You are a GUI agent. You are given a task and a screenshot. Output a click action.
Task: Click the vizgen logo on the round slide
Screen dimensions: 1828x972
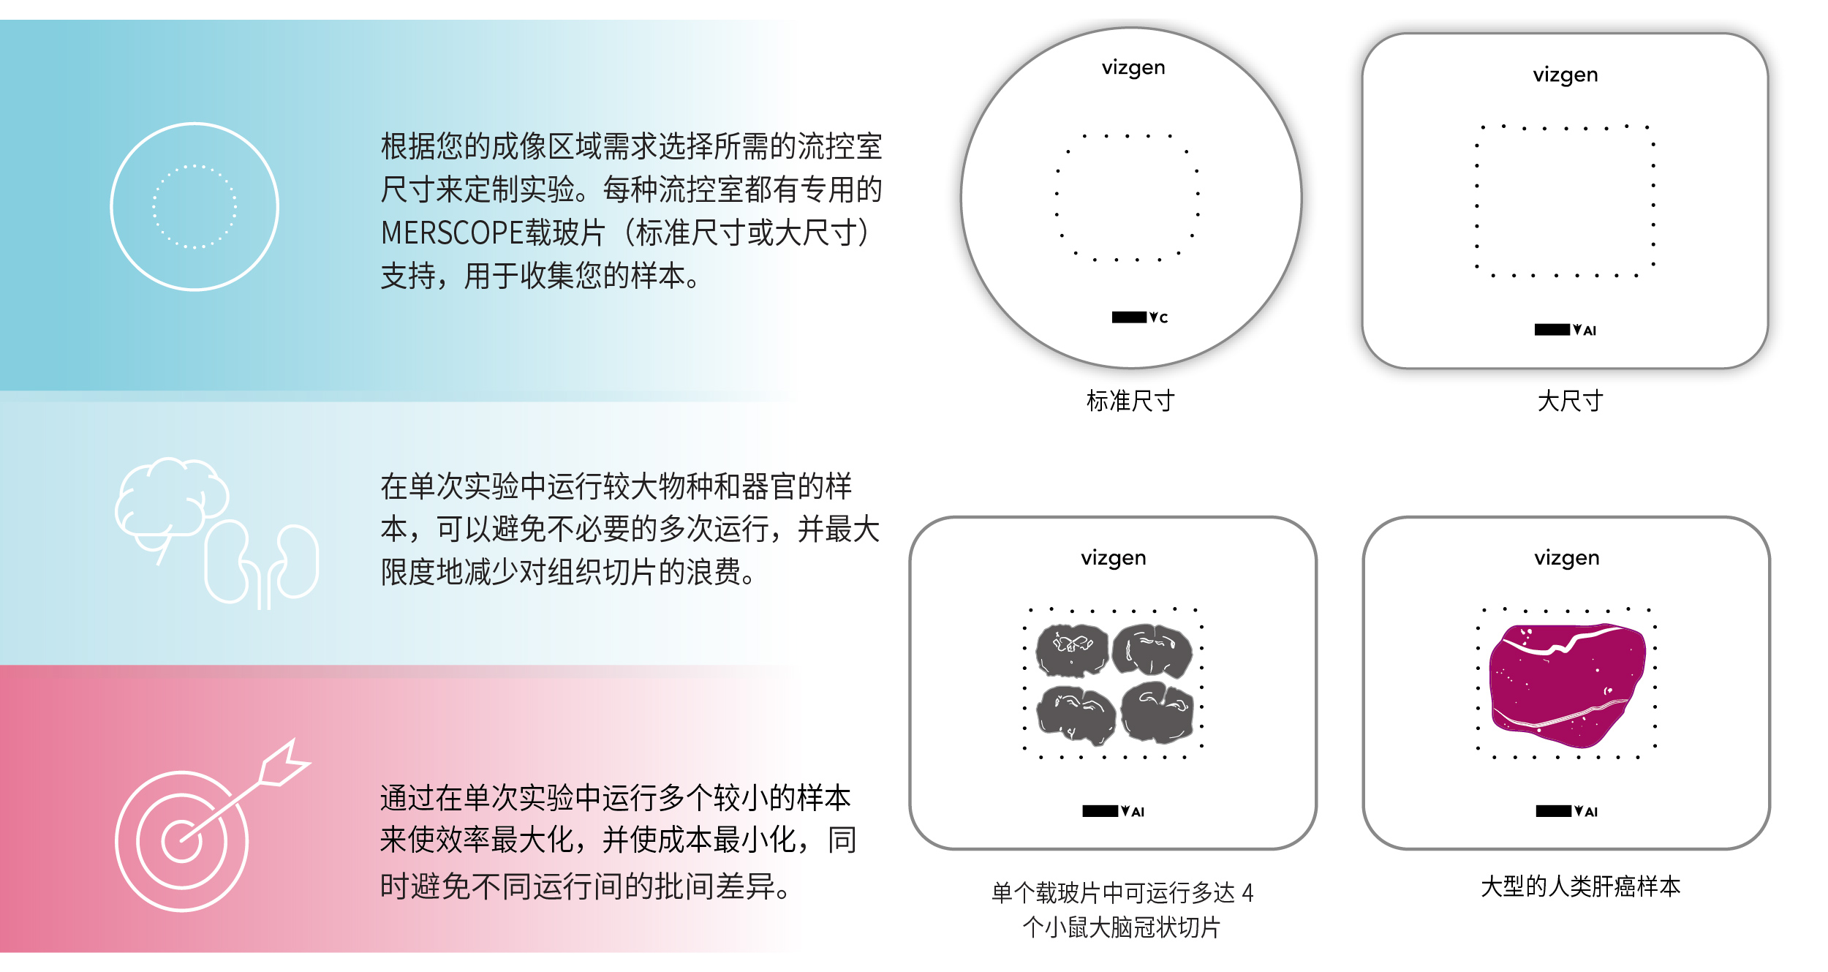[x=1133, y=68]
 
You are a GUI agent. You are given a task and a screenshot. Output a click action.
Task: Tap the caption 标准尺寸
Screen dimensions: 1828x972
[x=1130, y=401]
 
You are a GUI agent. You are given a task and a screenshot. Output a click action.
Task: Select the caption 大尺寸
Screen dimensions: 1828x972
[x=1570, y=401]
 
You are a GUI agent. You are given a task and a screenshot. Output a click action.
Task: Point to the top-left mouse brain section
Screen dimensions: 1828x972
[x=1073, y=649]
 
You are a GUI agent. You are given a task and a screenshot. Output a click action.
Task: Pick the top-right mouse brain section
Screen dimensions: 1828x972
[x=1152, y=649]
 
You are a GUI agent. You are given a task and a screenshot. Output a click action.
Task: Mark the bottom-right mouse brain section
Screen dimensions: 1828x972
[x=1157, y=712]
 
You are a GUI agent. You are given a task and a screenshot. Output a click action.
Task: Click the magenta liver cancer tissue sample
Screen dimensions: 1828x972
[x=1566, y=685]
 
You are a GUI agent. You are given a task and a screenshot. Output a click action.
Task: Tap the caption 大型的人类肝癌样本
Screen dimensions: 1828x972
[x=1580, y=886]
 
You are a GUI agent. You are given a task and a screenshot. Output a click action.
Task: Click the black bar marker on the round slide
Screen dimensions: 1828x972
[x=1129, y=317]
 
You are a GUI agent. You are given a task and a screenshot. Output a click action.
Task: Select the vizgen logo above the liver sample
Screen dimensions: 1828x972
[x=1566, y=559]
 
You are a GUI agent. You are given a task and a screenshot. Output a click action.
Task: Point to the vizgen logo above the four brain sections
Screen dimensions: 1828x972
[x=1113, y=559]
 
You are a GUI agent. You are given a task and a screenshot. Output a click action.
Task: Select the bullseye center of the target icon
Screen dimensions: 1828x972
[x=181, y=841]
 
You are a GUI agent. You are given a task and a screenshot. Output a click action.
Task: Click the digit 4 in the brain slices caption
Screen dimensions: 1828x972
[x=1247, y=893]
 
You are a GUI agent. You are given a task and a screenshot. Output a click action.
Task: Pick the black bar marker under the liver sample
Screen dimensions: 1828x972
[x=1553, y=811]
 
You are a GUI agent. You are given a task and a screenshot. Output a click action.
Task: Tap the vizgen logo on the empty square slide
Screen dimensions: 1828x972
[x=1565, y=75]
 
